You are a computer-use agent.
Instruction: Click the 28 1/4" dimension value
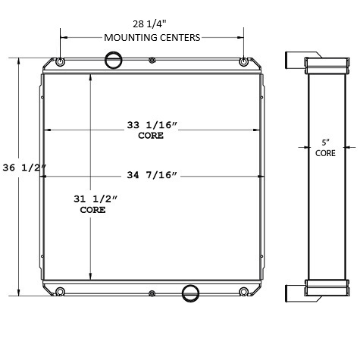(x=152, y=23)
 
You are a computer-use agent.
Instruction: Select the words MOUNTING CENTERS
(x=152, y=36)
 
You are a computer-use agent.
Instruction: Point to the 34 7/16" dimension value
(x=152, y=176)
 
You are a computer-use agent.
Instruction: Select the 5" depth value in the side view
(x=325, y=142)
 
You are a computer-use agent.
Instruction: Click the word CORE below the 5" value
(x=325, y=152)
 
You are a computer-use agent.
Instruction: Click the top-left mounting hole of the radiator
(x=60, y=61)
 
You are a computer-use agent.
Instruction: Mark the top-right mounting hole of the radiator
(x=243, y=61)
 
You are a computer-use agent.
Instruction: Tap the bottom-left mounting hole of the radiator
(x=60, y=292)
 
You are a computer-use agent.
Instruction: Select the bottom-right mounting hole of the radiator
(x=243, y=292)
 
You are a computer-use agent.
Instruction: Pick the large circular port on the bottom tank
(x=191, y=292)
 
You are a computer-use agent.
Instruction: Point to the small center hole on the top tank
(x=152, y=60)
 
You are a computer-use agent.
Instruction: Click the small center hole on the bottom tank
(x=152, y=293)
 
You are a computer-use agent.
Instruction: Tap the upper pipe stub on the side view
(x=293, y=61)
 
